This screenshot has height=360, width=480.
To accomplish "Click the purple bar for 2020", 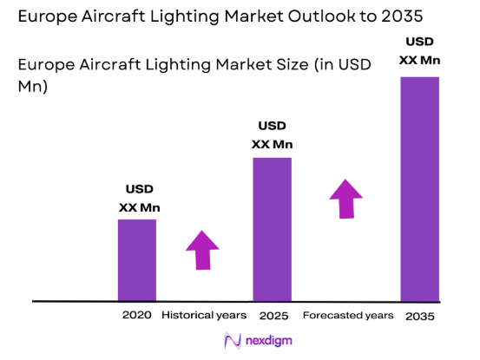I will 137,259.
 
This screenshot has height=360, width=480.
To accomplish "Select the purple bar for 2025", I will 272,229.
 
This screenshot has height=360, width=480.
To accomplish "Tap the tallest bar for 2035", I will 419,188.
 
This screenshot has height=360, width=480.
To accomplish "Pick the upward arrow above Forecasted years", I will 346,199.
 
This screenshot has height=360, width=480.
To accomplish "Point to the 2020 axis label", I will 137,314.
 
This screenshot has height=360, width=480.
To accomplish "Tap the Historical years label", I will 204,314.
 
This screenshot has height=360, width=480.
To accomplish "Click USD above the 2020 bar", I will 139,190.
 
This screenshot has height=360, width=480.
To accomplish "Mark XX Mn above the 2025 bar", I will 272,144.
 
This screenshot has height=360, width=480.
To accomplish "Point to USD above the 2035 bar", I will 419,42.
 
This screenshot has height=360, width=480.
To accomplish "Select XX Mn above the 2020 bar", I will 139,207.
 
